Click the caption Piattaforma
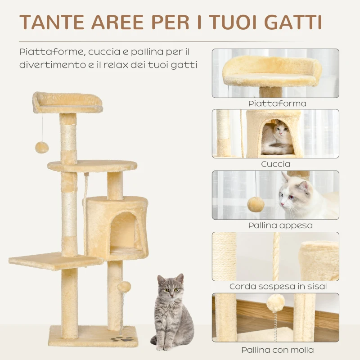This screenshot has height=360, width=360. point(277,103)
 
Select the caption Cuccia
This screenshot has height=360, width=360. point(276,164)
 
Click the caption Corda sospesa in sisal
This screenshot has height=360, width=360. point(278,286)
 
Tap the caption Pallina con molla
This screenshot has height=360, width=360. point(277,350)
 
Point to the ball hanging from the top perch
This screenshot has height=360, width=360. point(42,147)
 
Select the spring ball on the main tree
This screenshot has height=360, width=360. point(124,286)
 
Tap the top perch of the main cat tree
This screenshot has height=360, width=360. point(67,103)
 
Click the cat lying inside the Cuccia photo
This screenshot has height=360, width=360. point(278,137)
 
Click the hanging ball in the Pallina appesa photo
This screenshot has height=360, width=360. point(256,204)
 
